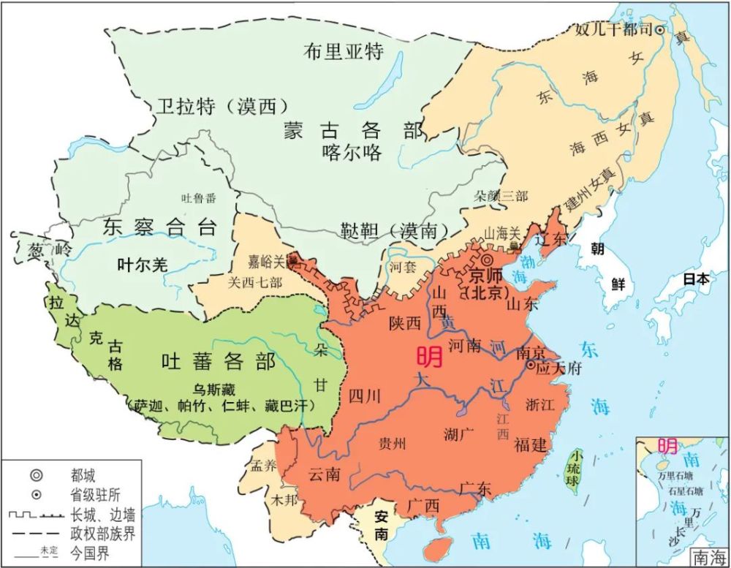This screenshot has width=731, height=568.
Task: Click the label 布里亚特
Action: (x=344, y=50)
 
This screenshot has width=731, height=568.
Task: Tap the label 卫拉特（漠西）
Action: (x=220, y=107)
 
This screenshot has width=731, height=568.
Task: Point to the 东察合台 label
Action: (x=159, y=227)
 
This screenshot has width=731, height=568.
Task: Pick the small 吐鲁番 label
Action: (x=199, y=198)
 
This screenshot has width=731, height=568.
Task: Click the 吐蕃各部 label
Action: (x=218, y=361)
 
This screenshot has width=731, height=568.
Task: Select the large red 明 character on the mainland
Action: (x=429, y=356)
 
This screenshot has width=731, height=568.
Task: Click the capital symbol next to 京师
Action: (x=486, y=260)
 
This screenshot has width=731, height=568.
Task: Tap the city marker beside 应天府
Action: (x=531, y=364)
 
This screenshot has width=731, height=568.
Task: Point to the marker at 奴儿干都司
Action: (x=660, y=30)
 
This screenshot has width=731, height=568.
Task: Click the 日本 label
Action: (x=695, y=279)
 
